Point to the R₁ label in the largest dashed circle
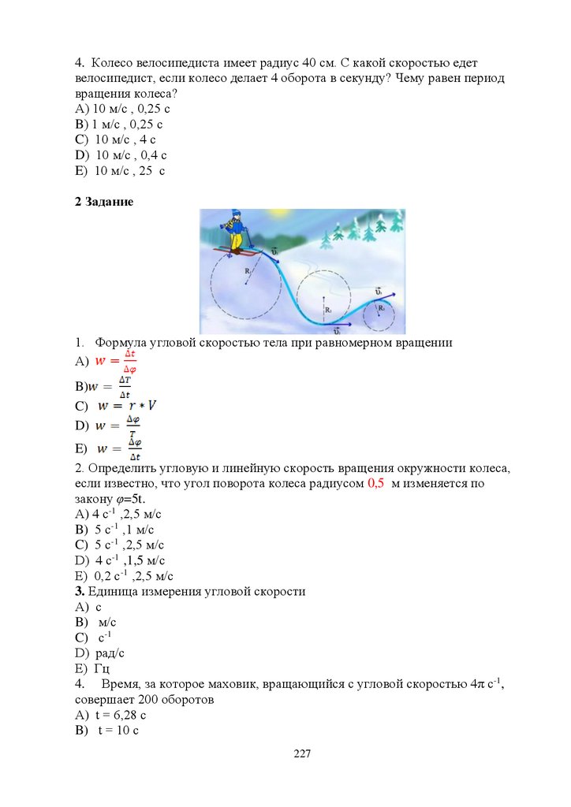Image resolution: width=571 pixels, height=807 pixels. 248,271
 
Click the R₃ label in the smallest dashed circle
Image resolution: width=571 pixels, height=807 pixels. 382,308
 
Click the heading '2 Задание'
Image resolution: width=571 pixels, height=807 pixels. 104,203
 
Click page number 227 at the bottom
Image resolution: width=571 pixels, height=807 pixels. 302,754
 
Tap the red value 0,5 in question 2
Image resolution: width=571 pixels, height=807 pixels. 375,484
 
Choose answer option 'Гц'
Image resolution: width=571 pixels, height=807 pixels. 102,669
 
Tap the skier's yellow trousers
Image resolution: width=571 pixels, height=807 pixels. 236,238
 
